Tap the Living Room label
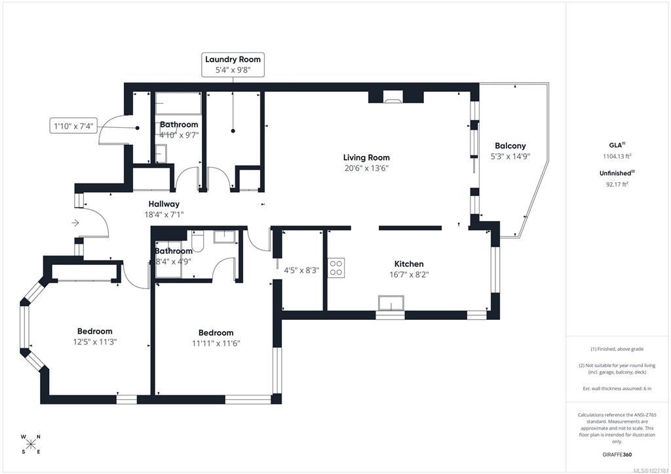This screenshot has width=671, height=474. [366, 157]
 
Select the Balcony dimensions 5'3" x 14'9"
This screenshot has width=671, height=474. [510, 156]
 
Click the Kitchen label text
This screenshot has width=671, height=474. [409, 264]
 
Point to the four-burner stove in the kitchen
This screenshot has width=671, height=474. [336, 268]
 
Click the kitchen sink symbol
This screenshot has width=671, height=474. [391, 303]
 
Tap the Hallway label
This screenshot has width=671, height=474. [164, 205]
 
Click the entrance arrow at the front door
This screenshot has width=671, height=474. [75, 223]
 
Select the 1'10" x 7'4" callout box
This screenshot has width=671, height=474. [73, 126]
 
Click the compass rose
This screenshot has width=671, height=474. [31, 444]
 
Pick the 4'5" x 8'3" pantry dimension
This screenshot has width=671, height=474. [301, 270]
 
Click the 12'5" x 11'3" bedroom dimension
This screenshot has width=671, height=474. [95, 342]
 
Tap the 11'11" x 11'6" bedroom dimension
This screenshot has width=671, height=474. [216, 343]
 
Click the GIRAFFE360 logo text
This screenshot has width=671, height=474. [617, 454]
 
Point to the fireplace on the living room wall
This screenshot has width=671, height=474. [393, 97]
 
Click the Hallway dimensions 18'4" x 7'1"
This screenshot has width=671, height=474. [164, 215]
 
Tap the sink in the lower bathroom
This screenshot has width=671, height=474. [225, 237]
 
